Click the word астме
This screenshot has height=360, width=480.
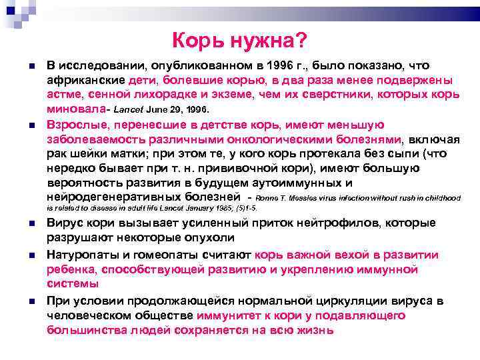click(x=65, y=95)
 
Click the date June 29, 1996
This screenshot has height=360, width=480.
click(x=183, y=109)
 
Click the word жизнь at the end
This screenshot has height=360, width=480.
click(x=312, y=330)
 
